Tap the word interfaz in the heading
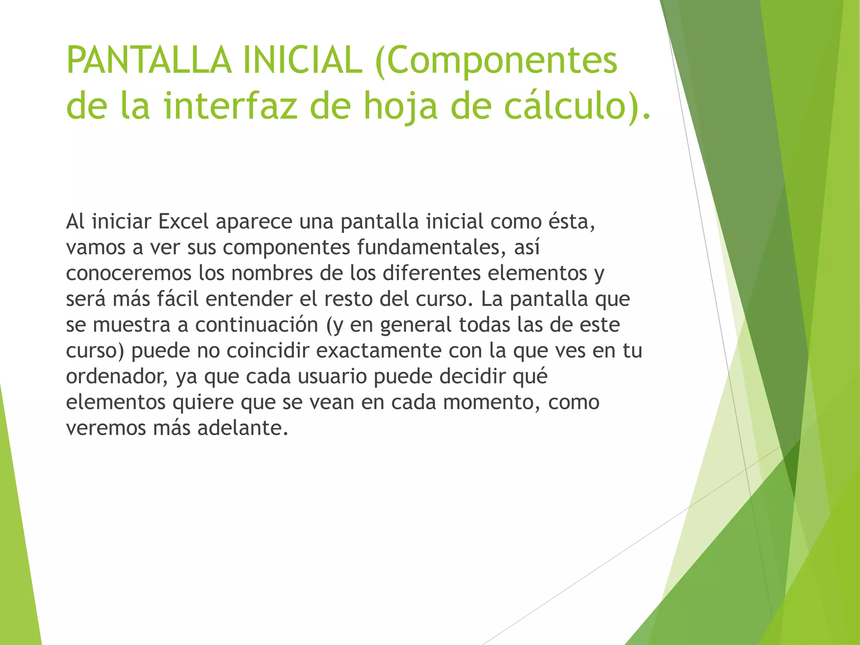click(231, 106)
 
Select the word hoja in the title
click(401, 106)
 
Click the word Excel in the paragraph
click(184, 222)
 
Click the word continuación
click(257, 325)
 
